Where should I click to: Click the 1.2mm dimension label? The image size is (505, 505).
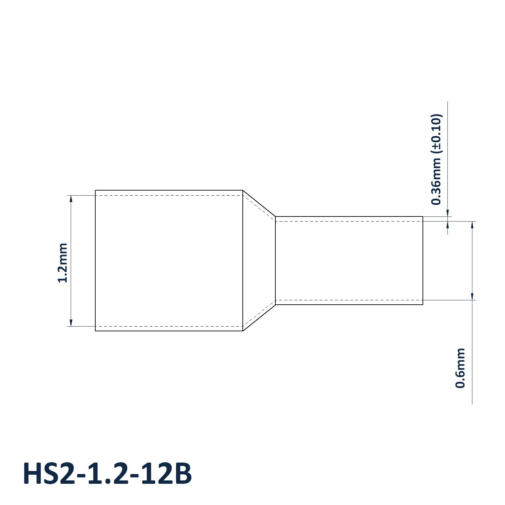63,263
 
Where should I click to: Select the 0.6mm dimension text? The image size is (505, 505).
460,368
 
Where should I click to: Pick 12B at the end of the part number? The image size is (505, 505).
166,474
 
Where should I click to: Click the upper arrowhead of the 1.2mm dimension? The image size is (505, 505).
71,199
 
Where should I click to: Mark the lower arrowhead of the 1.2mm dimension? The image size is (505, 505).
71,322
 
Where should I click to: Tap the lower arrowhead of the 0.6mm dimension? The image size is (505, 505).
472,296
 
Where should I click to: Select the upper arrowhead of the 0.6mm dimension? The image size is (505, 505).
472,225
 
